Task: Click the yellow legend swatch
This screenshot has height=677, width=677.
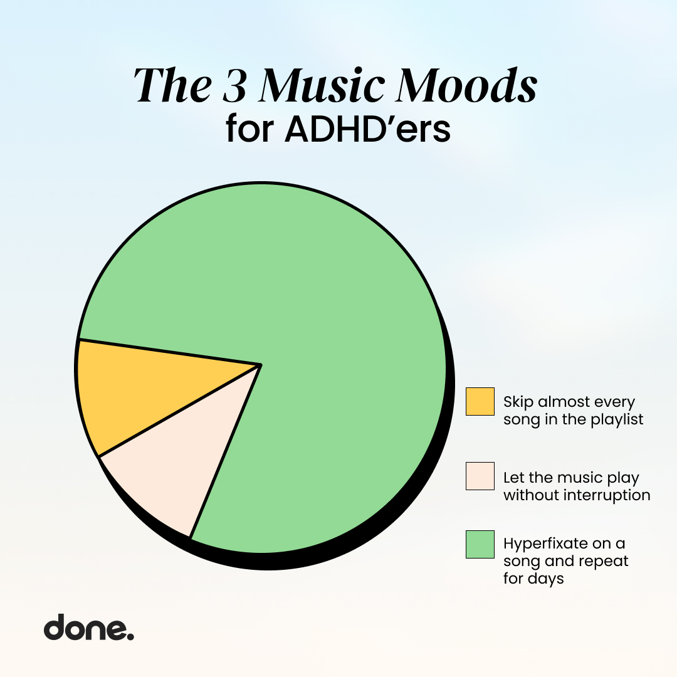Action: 480,401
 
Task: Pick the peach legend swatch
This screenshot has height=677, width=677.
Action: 480,476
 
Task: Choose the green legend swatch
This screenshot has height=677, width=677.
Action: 480,543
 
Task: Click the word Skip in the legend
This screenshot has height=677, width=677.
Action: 518,402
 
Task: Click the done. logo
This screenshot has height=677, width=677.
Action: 88,627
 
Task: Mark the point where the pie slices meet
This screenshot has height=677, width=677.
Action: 260,364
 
